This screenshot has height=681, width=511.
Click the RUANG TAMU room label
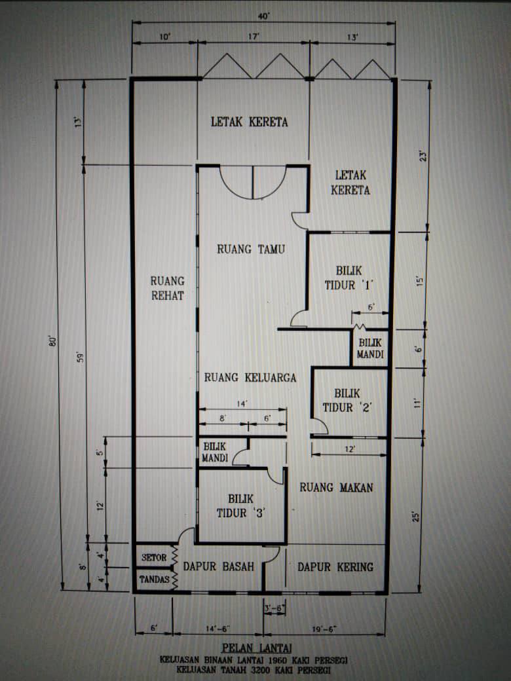pyautogui.click(x=251, y=249)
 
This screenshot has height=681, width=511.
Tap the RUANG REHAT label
pyautogui.click(x=167, y=288)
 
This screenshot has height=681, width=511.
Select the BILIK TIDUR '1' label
pyautogui.click(x=349, y=278)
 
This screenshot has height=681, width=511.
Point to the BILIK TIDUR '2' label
pyautogui.click(x=347, y=401)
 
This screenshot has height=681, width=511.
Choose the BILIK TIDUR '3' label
pyautogui.click(x=241, y=506)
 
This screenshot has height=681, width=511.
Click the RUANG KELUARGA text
pyautogui.click(x=250, y=377)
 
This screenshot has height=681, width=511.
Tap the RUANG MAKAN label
pyautogui.click(x=336, y=487)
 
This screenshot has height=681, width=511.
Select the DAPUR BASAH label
pyautogui.click(x=219, y=566)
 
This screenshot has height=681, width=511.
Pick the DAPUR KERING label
pyautogui.click(x=335, y=567)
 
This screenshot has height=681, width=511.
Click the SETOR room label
pyautogui.click(x=154, y=557)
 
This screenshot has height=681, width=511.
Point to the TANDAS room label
pyautogui.click(x=154, y=580)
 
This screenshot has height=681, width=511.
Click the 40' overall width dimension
pyautogui.click(x=264, y=16)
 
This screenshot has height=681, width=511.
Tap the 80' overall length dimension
pyautogui.click(x=53, y=341)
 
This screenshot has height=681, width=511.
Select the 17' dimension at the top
pyautogui.click(x=254, y=37)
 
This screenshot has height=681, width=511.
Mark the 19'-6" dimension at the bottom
pyautogui.click(x=324, y=629)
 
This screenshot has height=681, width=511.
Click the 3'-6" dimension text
pyautogui.click(x=274, y=608)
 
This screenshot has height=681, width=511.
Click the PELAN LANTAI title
pyautogui.click(x=257, y=648)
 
